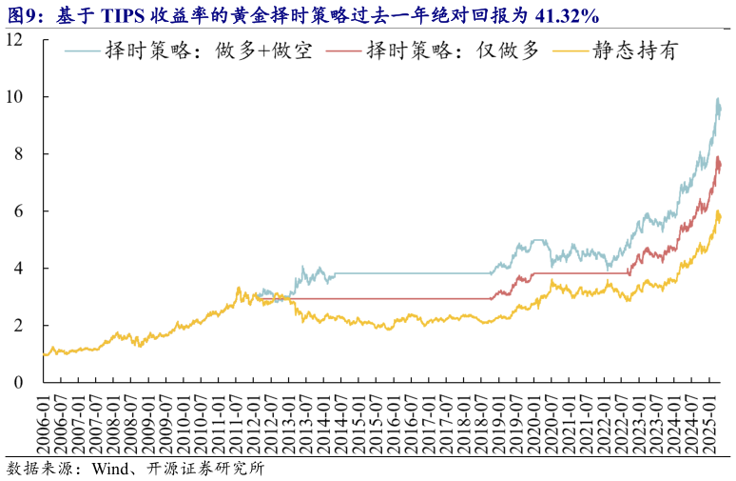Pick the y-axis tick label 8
(x=19, y=154)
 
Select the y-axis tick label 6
(x=19, y=211)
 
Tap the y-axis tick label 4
(x=19, y=269)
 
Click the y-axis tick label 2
(x=19, y=326)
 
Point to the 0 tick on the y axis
(x=19, y=383)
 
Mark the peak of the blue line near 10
(x=717, y=100)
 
